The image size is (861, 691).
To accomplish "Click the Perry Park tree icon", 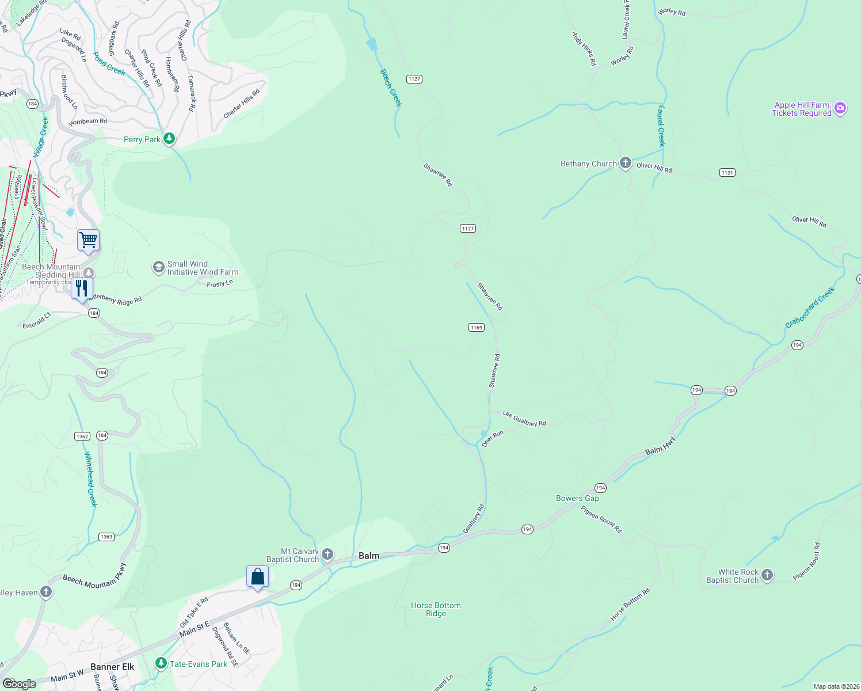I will click(x=169, y=139).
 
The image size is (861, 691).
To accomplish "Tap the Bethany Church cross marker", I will click(x=626, y=164).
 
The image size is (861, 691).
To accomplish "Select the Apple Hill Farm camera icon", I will click(x=840, y=108).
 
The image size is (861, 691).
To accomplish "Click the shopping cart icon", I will click(x=89, y=240).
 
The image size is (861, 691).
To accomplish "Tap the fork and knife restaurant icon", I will click(x=82, y=288).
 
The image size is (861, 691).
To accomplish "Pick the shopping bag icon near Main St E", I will click(x=257, y=576).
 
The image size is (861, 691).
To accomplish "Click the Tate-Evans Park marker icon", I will click(x=162, y=663).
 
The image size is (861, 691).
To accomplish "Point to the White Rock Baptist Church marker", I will click(x=767, y=575).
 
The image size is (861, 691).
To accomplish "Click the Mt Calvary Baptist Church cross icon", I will click(x=327, y=555).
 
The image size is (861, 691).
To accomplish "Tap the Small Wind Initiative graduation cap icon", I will click(x=158, y=267).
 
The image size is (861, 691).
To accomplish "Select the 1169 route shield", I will click(x=476, y=328).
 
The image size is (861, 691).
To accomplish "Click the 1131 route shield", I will click(x=727, y=173).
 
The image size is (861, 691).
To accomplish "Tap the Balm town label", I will click(x=369, y=556).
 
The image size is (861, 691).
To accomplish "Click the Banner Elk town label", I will click(x=112, y=667).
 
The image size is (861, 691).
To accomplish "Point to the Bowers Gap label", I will click(x=577, y=498).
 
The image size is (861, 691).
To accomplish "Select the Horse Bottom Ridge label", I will click(x=436, y=609).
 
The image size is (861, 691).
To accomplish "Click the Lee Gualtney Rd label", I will click(x=524, y=419).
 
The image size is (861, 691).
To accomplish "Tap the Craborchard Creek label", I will click(x=810, y=309).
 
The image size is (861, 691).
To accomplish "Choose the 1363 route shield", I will click(x=106, y=537).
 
